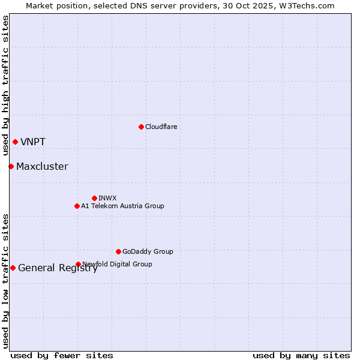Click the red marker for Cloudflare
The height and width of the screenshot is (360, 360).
pos(141,127)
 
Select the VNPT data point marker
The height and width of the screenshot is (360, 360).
pos(15,142)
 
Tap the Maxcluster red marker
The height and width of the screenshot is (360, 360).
pos(11,166)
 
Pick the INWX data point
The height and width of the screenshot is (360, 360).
pos(94,198)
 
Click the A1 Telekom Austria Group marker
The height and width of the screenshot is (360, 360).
pos(77,206)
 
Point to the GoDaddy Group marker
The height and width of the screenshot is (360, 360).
pos(118,251)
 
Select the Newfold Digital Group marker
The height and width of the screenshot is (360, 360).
pos(78,264)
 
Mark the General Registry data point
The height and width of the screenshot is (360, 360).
pos(13,268)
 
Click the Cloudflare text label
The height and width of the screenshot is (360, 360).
pos(161,127)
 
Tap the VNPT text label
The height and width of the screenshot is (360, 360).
pos(33,142)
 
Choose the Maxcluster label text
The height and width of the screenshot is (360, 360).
pos(42,167)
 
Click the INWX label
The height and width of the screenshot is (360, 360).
pos(107,198)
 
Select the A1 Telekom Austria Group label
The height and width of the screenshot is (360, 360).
pos(122,206)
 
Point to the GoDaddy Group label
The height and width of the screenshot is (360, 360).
pos(148,251)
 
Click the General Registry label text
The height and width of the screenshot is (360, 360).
pos(58,268)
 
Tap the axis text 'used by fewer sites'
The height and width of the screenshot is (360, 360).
pos(62,355)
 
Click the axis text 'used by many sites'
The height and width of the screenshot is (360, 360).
pos(301,355)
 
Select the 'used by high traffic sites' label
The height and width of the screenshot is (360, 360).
pos(5,85)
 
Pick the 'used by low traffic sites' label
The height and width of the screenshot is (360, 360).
pos(5,280)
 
